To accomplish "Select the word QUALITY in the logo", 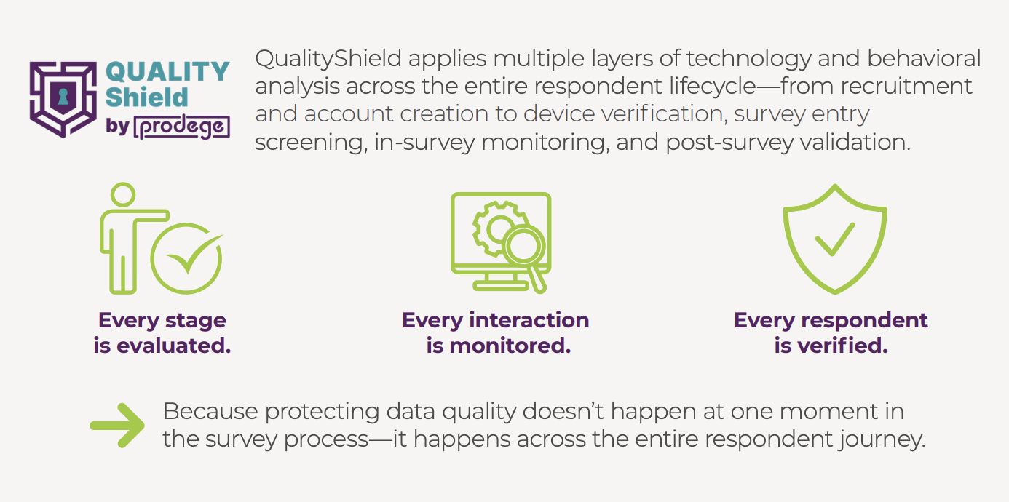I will [x=167, y=72].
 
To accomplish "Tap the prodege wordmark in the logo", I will [x=182, y=127].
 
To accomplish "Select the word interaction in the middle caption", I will [x=529, y=320].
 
